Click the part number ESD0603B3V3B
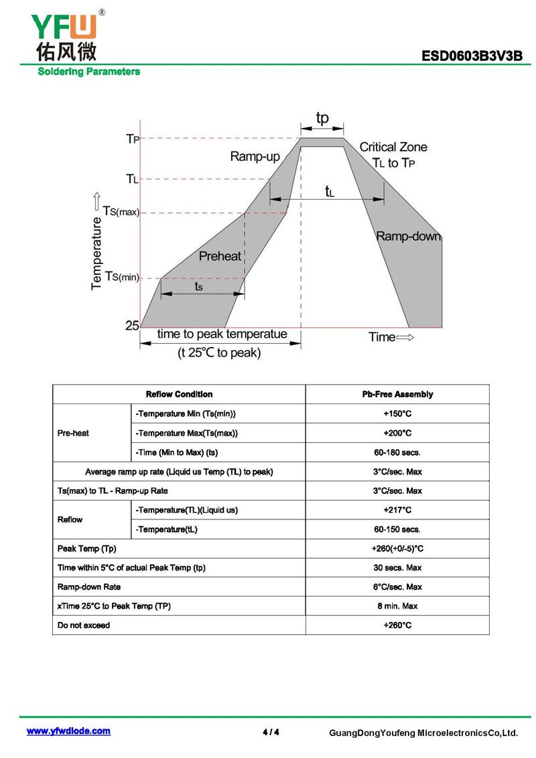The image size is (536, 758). coord(472,56)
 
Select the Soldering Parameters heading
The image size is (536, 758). coord(89,72)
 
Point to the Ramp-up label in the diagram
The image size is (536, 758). coord(255,157)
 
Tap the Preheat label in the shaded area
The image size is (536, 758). coord(220,256)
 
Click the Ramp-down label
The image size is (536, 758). coord(409,236)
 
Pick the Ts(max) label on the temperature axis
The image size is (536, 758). coord(121,211)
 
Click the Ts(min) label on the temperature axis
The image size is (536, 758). coord(122,277)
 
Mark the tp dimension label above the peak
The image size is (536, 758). coord(322,118)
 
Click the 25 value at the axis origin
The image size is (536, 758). coord(132,325)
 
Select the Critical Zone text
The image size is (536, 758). coord(393,147)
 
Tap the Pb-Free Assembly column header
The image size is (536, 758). coord(397,395)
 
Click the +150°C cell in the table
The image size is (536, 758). coord(397,414)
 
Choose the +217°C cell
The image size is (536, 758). coord(397,510)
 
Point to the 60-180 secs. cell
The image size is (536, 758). coord(397,452)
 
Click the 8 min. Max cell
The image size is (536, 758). coord(397,607)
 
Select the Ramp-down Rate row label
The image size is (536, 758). coord(89,587)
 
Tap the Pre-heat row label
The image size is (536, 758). coord(73,433)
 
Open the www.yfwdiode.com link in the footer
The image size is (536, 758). coord(68,731)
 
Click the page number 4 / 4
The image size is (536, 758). coord(271,732)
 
